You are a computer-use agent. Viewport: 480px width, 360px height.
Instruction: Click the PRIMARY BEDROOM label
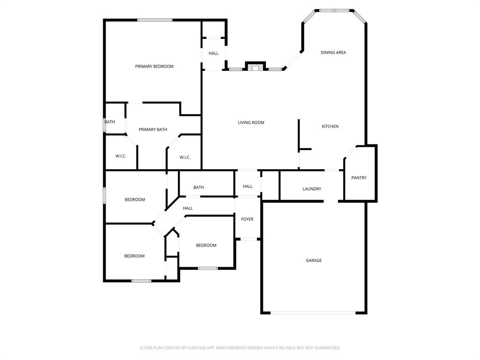154,67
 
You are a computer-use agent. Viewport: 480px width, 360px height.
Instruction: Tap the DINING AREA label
333,52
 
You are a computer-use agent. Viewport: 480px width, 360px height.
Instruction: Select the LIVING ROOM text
251,123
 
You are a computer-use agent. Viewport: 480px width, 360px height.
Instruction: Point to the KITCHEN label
330,127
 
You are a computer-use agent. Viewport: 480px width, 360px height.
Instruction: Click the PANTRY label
359,178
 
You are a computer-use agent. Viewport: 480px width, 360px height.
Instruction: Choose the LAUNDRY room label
312,189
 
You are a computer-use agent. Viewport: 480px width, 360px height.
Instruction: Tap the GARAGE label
314,261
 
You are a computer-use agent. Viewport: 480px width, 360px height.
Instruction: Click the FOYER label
247,219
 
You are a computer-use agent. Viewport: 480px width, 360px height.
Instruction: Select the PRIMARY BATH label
153,130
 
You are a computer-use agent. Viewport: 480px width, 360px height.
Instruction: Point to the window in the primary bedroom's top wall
155,20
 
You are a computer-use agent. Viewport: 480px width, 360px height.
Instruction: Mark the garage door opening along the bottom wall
314,313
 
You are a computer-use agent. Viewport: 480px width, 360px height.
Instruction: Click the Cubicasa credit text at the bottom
240,348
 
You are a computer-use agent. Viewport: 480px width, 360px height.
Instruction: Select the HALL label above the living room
214,53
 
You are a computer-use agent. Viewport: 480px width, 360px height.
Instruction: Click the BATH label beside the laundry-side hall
199,187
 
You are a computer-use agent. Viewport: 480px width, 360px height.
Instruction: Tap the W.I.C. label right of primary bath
185,157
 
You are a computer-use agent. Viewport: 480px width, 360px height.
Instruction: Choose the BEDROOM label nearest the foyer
206,246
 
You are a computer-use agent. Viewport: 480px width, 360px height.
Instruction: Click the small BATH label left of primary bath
110,122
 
